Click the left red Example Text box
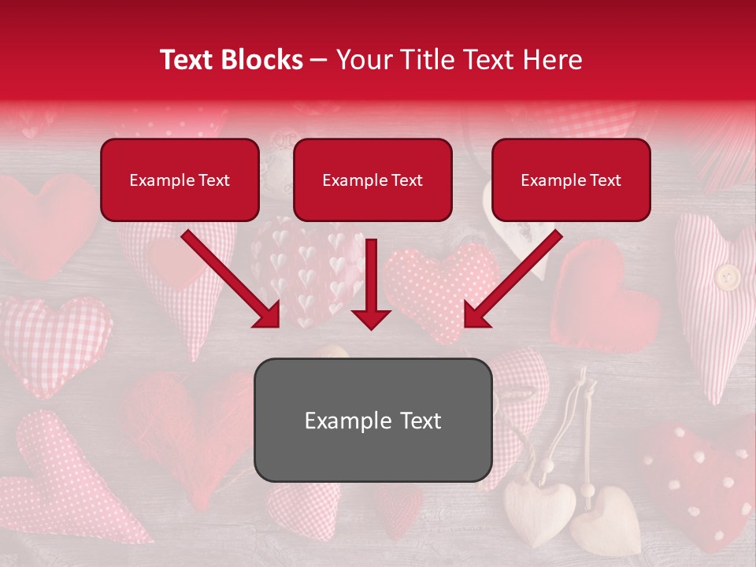[x=180, y=180]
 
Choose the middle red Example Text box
[x=372, y=180]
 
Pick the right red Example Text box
[x=571, y=180]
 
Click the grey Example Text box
[x=372, y=421]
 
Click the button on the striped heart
[x=727, y=276]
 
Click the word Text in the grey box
[x=417, y=421]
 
